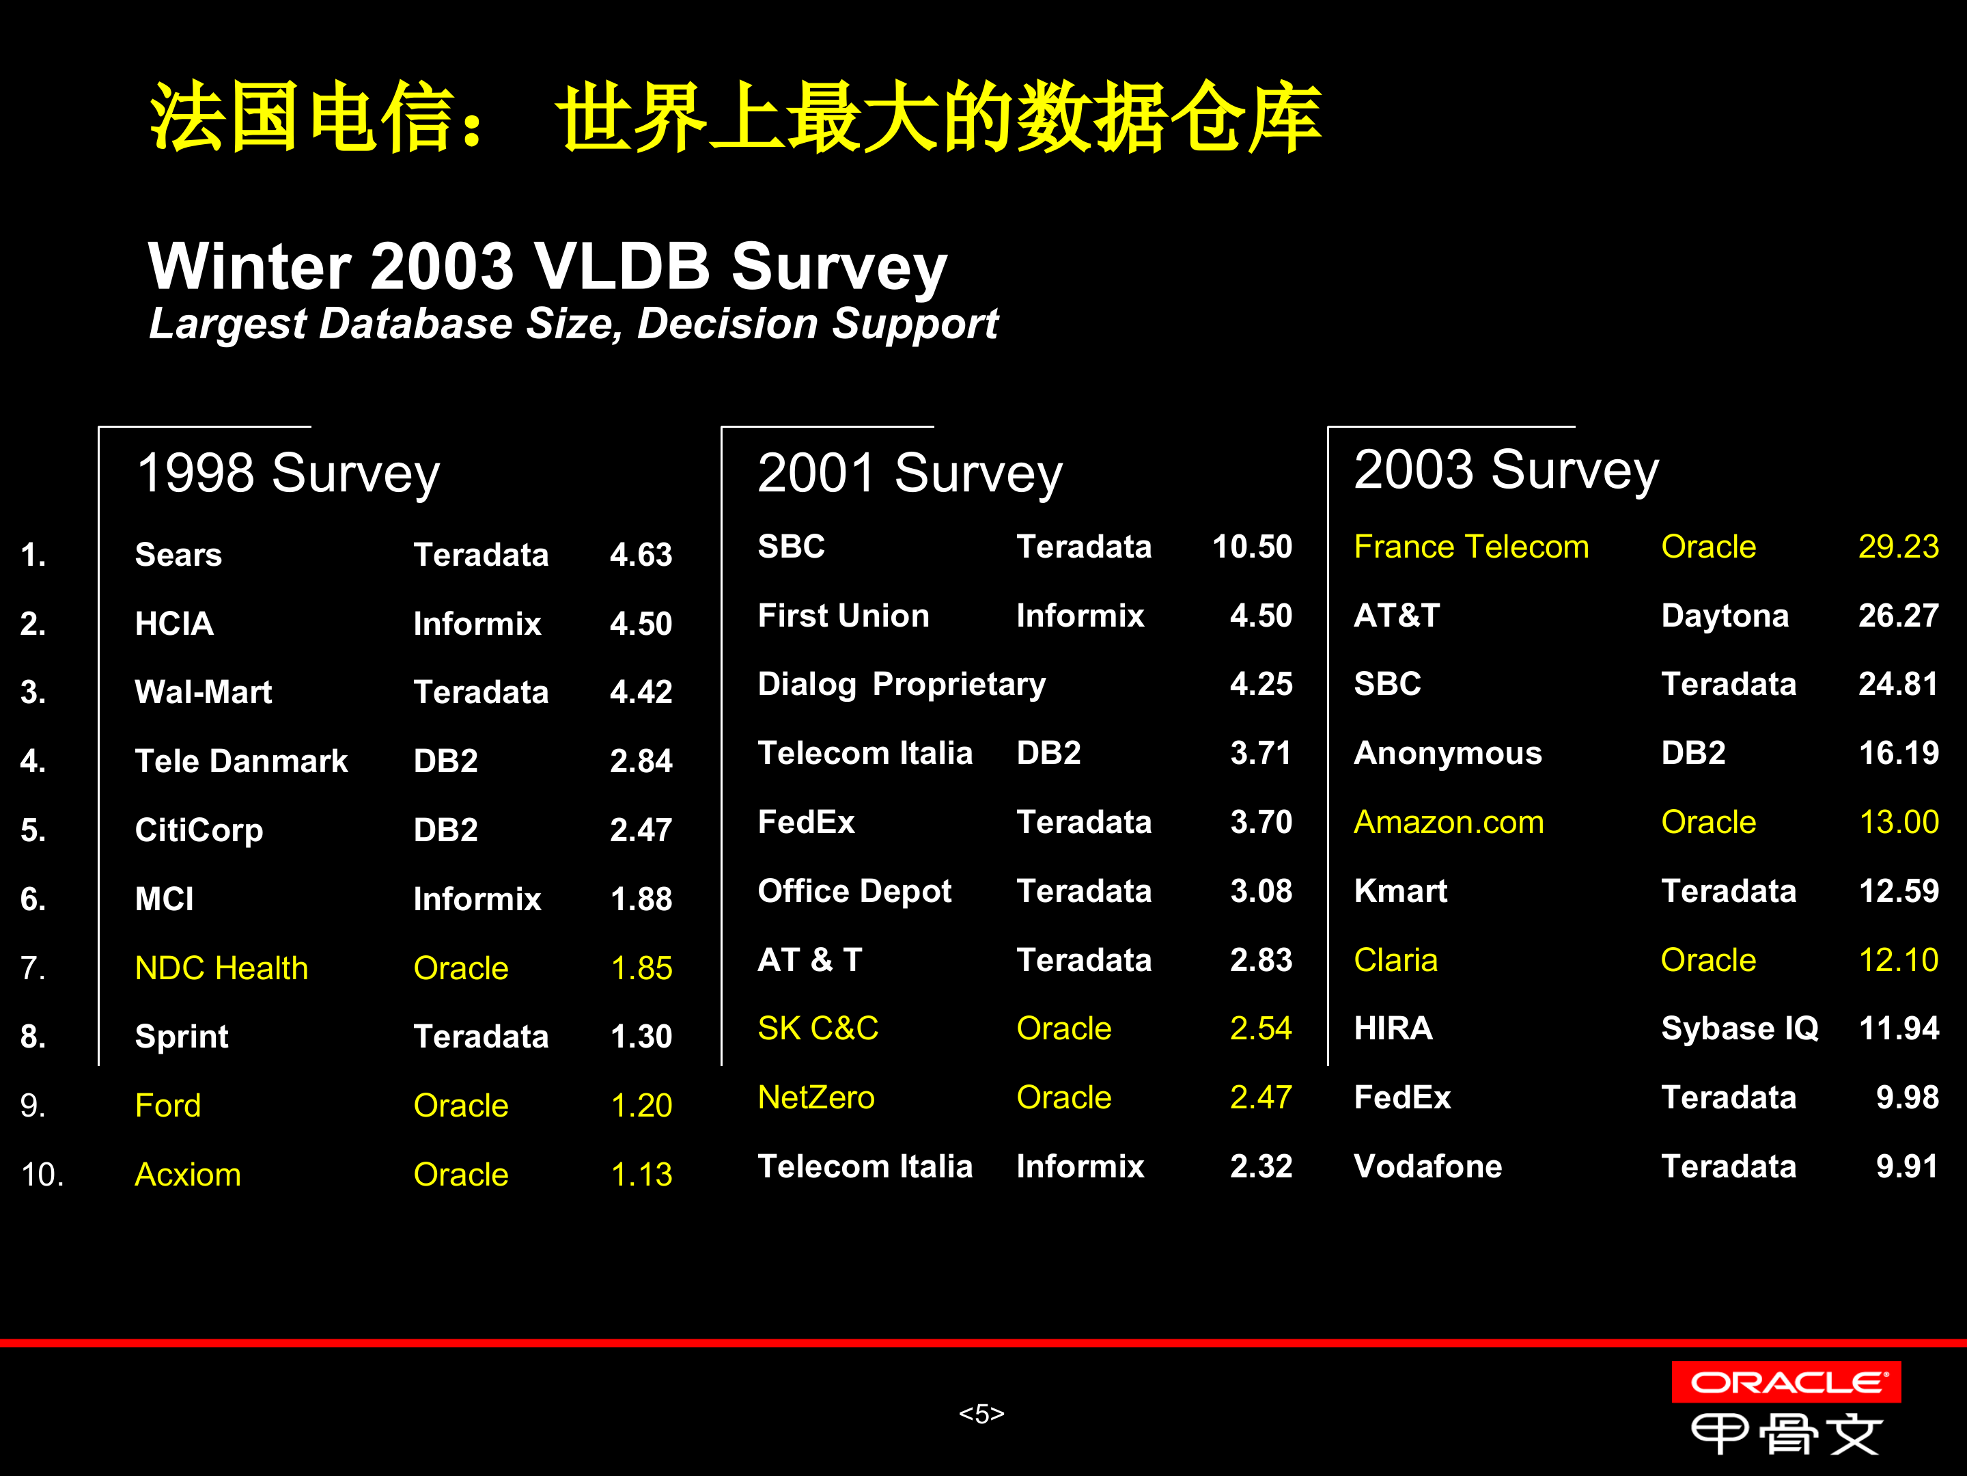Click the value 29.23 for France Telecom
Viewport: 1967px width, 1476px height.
[x=1897, y=546]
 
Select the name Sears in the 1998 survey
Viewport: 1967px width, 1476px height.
[x=178, y=554]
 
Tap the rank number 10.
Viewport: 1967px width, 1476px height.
[x=42, y=1175]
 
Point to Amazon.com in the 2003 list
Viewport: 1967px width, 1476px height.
[x=1448, y=822]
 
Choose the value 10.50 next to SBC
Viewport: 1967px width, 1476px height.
[x=1251, y=546]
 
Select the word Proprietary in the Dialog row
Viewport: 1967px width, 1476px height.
[x=959, y=684]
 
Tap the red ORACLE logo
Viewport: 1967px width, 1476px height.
[x=1785, y=1382]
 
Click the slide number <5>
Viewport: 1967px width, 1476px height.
[x=981, y=1413]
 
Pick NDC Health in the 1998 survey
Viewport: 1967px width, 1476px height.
[x=221, y=968]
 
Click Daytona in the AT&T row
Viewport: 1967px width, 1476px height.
[x=1725, y=616]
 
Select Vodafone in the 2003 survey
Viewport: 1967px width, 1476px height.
[x=1427, y=1166]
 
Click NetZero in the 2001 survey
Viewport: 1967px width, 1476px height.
[x=815, y=1097]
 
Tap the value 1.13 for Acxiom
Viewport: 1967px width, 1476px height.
[x=641, y=1175]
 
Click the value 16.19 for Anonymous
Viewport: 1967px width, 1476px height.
[x=1897, y=752]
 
